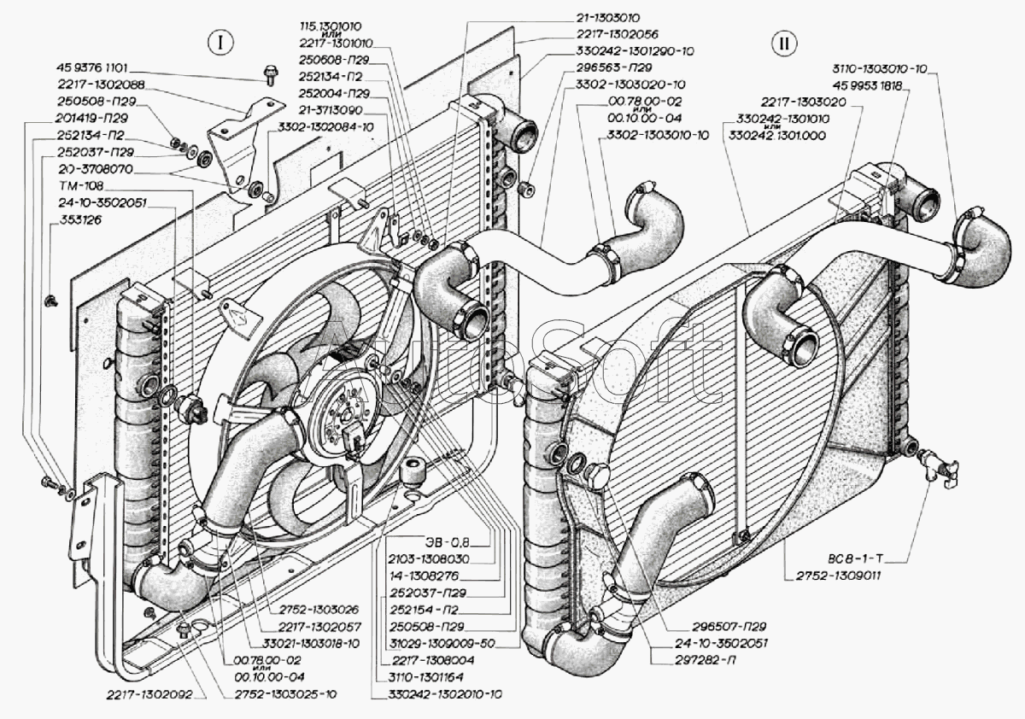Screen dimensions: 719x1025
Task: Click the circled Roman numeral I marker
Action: pos(220,42)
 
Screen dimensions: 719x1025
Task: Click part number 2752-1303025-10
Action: pos(285,693)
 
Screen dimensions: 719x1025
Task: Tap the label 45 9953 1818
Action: pos(873,85)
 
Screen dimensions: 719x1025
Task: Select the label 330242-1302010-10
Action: pos(436,693)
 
